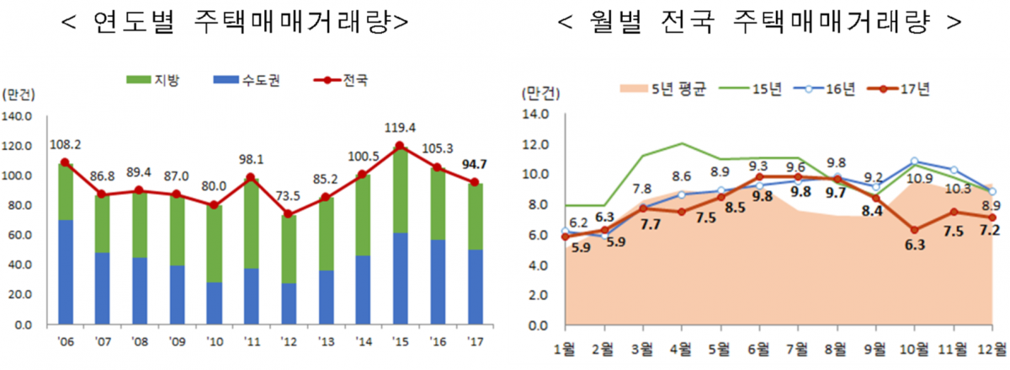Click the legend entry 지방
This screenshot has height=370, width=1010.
(x=152, y=81)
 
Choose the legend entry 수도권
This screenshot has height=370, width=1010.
(x=242, y=81)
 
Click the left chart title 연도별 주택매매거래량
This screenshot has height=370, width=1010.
(x=236, y=23)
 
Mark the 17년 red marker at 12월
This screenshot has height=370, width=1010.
(x=992, y=217)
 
